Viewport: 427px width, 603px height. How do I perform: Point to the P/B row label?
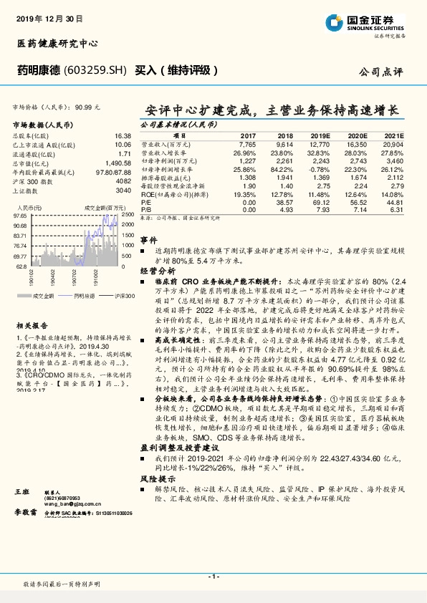[x=146, y=209]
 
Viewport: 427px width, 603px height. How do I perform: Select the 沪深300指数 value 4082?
[x=123, y=181]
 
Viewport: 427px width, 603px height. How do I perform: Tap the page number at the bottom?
[x=213, y=577]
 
